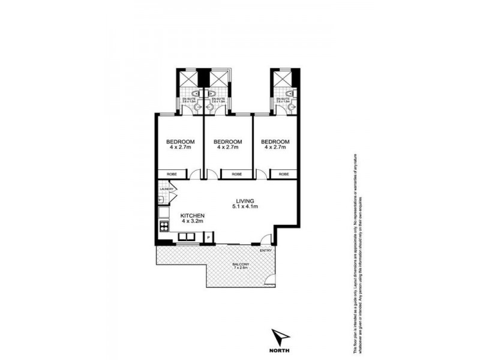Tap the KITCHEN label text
click(193, 215)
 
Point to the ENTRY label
click(266, 251)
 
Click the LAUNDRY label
click(167, 190)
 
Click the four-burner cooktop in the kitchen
click(163, 226)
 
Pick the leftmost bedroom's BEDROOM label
click(180, 142)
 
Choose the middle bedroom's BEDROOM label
click(227, 142)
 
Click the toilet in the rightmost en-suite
click(290, 94)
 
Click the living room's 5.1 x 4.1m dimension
click(245, 207)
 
